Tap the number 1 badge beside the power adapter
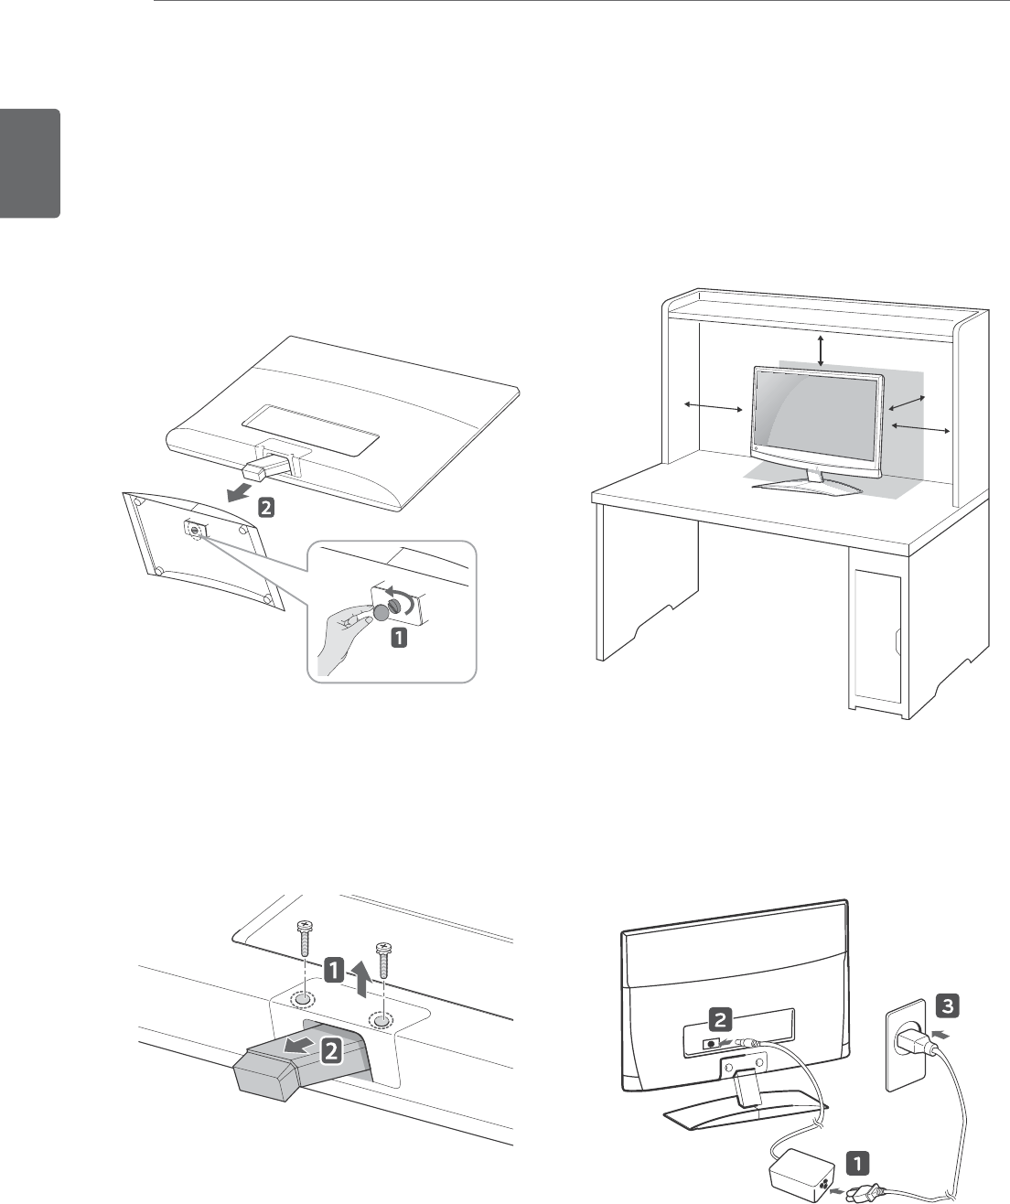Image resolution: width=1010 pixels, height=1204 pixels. pos(855,1163)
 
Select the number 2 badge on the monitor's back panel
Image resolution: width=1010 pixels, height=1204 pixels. pos(720,1016)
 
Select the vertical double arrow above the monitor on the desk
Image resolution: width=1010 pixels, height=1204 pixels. pos(821,350)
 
